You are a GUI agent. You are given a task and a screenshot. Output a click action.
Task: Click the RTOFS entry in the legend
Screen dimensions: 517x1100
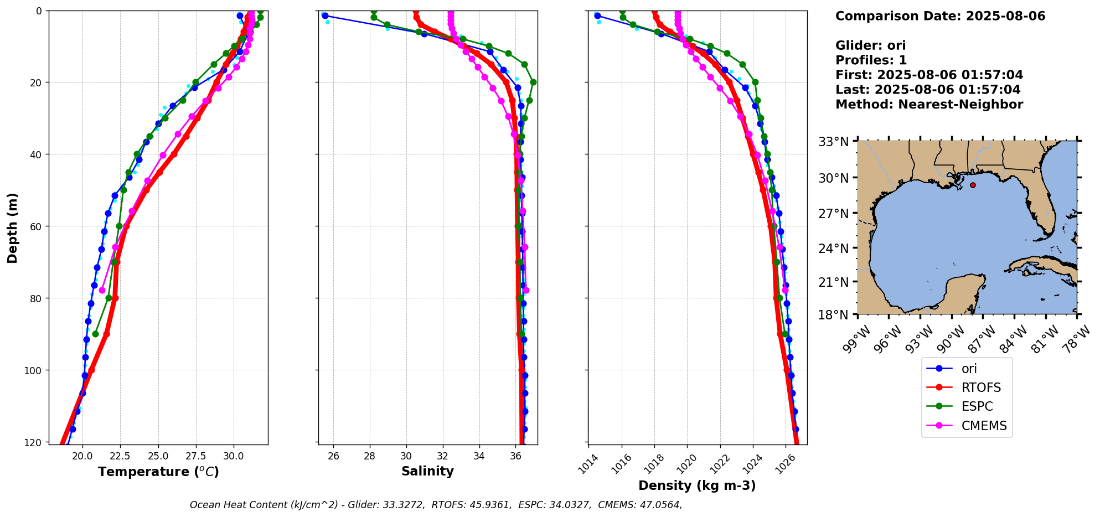(981, 387)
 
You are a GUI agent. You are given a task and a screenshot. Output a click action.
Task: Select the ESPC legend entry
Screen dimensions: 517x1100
(977, 406)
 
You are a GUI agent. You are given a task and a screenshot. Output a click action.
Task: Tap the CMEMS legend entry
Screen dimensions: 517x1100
(984, 426)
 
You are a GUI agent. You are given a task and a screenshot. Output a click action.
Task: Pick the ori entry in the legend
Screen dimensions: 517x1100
(969, 369)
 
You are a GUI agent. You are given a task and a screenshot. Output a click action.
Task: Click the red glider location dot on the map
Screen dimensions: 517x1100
(973, 185)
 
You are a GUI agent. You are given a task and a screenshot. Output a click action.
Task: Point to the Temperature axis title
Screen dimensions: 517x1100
(158, 472)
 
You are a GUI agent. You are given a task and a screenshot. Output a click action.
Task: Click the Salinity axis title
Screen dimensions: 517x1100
(427, 472)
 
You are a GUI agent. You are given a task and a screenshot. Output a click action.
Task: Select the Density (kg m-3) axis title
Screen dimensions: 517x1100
(697, 485)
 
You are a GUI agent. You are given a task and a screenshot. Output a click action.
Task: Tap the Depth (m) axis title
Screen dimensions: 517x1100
(13, 228)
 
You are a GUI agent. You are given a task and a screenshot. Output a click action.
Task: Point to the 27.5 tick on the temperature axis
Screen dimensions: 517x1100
(195, 456)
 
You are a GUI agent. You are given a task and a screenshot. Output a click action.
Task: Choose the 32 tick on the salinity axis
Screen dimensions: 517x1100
(442, 456)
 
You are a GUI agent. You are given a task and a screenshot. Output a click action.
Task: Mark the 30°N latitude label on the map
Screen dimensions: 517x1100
(834, 178)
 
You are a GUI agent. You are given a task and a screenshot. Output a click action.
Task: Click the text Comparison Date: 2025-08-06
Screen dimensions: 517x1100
(940, 16)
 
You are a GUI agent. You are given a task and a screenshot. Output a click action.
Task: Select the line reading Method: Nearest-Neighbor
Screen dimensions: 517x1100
(929, 105)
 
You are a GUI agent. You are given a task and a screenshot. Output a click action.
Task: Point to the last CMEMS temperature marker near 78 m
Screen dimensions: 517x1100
(102, 290)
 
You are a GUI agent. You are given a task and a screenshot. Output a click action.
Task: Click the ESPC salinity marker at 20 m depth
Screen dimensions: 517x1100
(533, 82)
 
